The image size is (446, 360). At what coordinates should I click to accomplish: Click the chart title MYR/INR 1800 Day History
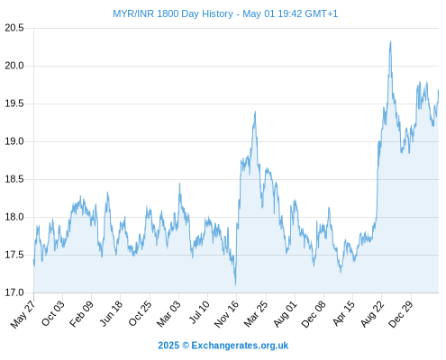(173, 13)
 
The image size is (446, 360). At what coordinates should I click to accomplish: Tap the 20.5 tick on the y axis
(14, 28)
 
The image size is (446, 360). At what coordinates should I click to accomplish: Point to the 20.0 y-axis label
(14, 66)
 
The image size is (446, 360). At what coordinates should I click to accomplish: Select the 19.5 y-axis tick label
(14, 103)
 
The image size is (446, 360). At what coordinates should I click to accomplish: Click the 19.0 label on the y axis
(14, 141)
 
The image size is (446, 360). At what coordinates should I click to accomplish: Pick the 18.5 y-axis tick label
(14, 179)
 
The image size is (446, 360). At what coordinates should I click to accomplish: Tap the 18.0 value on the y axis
(14, 217)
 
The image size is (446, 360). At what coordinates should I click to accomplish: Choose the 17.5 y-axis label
(14, 255)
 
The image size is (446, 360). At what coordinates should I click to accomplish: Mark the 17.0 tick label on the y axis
(14, 292)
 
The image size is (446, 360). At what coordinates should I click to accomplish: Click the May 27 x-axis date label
(23, 314)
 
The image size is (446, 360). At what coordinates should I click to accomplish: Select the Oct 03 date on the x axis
(52, 313)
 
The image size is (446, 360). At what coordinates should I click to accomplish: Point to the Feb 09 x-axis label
(81, 314)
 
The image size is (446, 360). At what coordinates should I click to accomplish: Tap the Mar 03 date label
(168, 314)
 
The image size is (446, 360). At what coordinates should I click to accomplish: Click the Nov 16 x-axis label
(226, 314)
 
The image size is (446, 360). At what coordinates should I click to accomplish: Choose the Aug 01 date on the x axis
(285, 314)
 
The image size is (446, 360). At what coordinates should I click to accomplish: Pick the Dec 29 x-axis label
(401, 314)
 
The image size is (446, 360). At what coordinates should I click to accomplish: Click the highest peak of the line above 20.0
(390, 41)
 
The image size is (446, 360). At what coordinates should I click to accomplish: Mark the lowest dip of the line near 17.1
(235, 284)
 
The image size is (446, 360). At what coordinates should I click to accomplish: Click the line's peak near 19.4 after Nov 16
(255, 112)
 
